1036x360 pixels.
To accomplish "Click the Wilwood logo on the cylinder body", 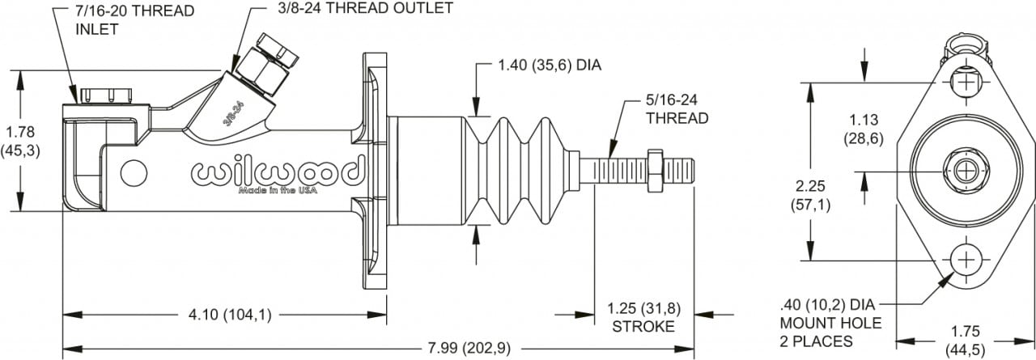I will [275, 172].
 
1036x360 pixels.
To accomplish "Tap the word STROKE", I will [643, 327].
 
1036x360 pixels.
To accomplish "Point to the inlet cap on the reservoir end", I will [105, 95].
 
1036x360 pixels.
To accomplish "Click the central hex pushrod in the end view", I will [965, 171].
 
